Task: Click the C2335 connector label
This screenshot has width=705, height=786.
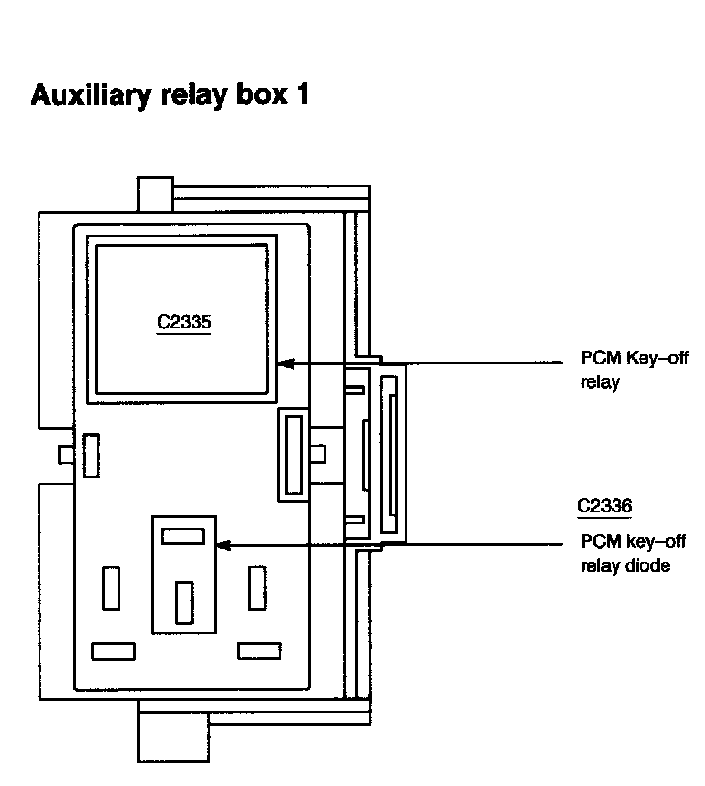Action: pyautogui.click(x=183, y=322)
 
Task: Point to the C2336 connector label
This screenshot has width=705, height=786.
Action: pyautogui.click(x=604, y=505)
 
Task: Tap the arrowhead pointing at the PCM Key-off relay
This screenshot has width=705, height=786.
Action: pyautogui.click(x=283, y=363)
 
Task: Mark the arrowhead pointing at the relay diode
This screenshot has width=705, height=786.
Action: pyautogui.click(x=223, y=545)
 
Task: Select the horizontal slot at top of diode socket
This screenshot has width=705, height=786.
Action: pyautogui.click(x=183, y=536)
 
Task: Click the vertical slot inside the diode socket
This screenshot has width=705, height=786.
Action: pyautogui.click(x=183, y=602)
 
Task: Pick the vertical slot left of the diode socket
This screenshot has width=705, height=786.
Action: pyautogui.click(x=112, y=589)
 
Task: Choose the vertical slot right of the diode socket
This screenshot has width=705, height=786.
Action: pyautogui.click(x=256, y=588)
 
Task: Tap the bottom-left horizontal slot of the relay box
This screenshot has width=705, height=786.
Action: pyautogui.click(x=113, y=651)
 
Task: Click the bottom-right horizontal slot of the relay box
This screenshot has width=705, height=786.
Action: pyautogui.click(x=259, y=651)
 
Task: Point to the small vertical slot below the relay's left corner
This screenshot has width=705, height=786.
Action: pyautogui.click(x=91, y=455)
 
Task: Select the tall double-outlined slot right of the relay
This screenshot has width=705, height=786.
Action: pyautogui.click(x=293, y=454)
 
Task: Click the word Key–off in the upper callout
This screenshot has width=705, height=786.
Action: pyautogui.click(x=654, y=359)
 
